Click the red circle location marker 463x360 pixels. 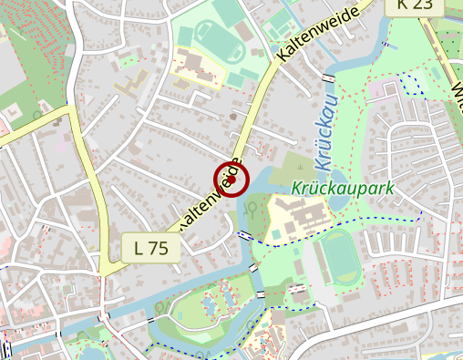(x=231, y=180)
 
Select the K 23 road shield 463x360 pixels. (x=415, y=5)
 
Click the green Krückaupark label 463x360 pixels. (x=343, y=190)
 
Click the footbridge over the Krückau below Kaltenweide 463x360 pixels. (x=244, y=235)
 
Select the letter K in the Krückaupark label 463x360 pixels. (x=297, y=190)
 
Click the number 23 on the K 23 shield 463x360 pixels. (x=422, y=5)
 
